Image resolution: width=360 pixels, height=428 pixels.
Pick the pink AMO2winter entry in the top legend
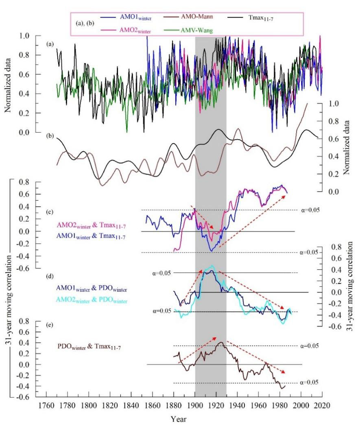(126, 29)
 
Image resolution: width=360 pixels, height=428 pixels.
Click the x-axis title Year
(181, 419)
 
